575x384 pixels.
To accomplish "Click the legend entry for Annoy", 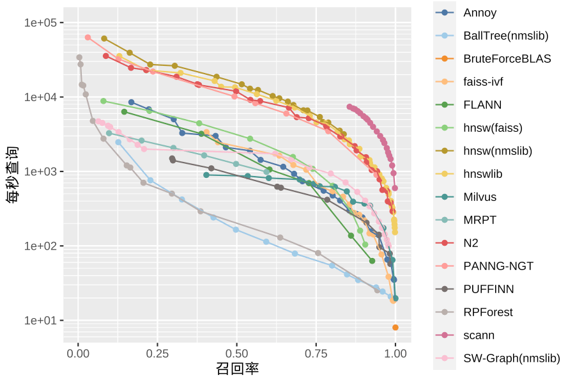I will (x=480, y=13).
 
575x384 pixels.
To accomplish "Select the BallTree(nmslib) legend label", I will (x=505, y=36).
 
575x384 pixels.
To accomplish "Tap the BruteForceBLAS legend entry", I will (x=507, y=59).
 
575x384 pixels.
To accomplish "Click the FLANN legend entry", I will (x=482, y=105).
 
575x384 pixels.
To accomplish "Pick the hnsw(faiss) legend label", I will (x=493, y=128).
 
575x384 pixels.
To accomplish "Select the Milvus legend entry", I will (x=480, y=197).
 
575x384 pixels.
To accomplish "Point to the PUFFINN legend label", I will (x=488, y=289).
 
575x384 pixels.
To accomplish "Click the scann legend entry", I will (x=479, y=335).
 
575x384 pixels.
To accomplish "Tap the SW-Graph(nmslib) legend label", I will (x=511, y=358).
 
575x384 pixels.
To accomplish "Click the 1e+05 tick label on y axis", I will (x=41, y=23).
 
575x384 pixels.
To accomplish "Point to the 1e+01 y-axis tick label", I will (x=41, y=321).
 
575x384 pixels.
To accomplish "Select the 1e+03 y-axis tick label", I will (x=41, y=172).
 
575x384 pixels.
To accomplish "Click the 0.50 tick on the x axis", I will (x=237, y=353).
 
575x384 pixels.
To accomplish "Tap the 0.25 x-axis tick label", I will (x=158, y=353).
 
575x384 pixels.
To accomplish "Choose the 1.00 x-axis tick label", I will (x=395, y=353).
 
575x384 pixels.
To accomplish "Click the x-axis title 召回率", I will (x=237, y=369).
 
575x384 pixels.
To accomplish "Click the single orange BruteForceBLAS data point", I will (x=395, y=327).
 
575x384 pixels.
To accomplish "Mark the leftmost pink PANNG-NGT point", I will (x=88, y=38).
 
